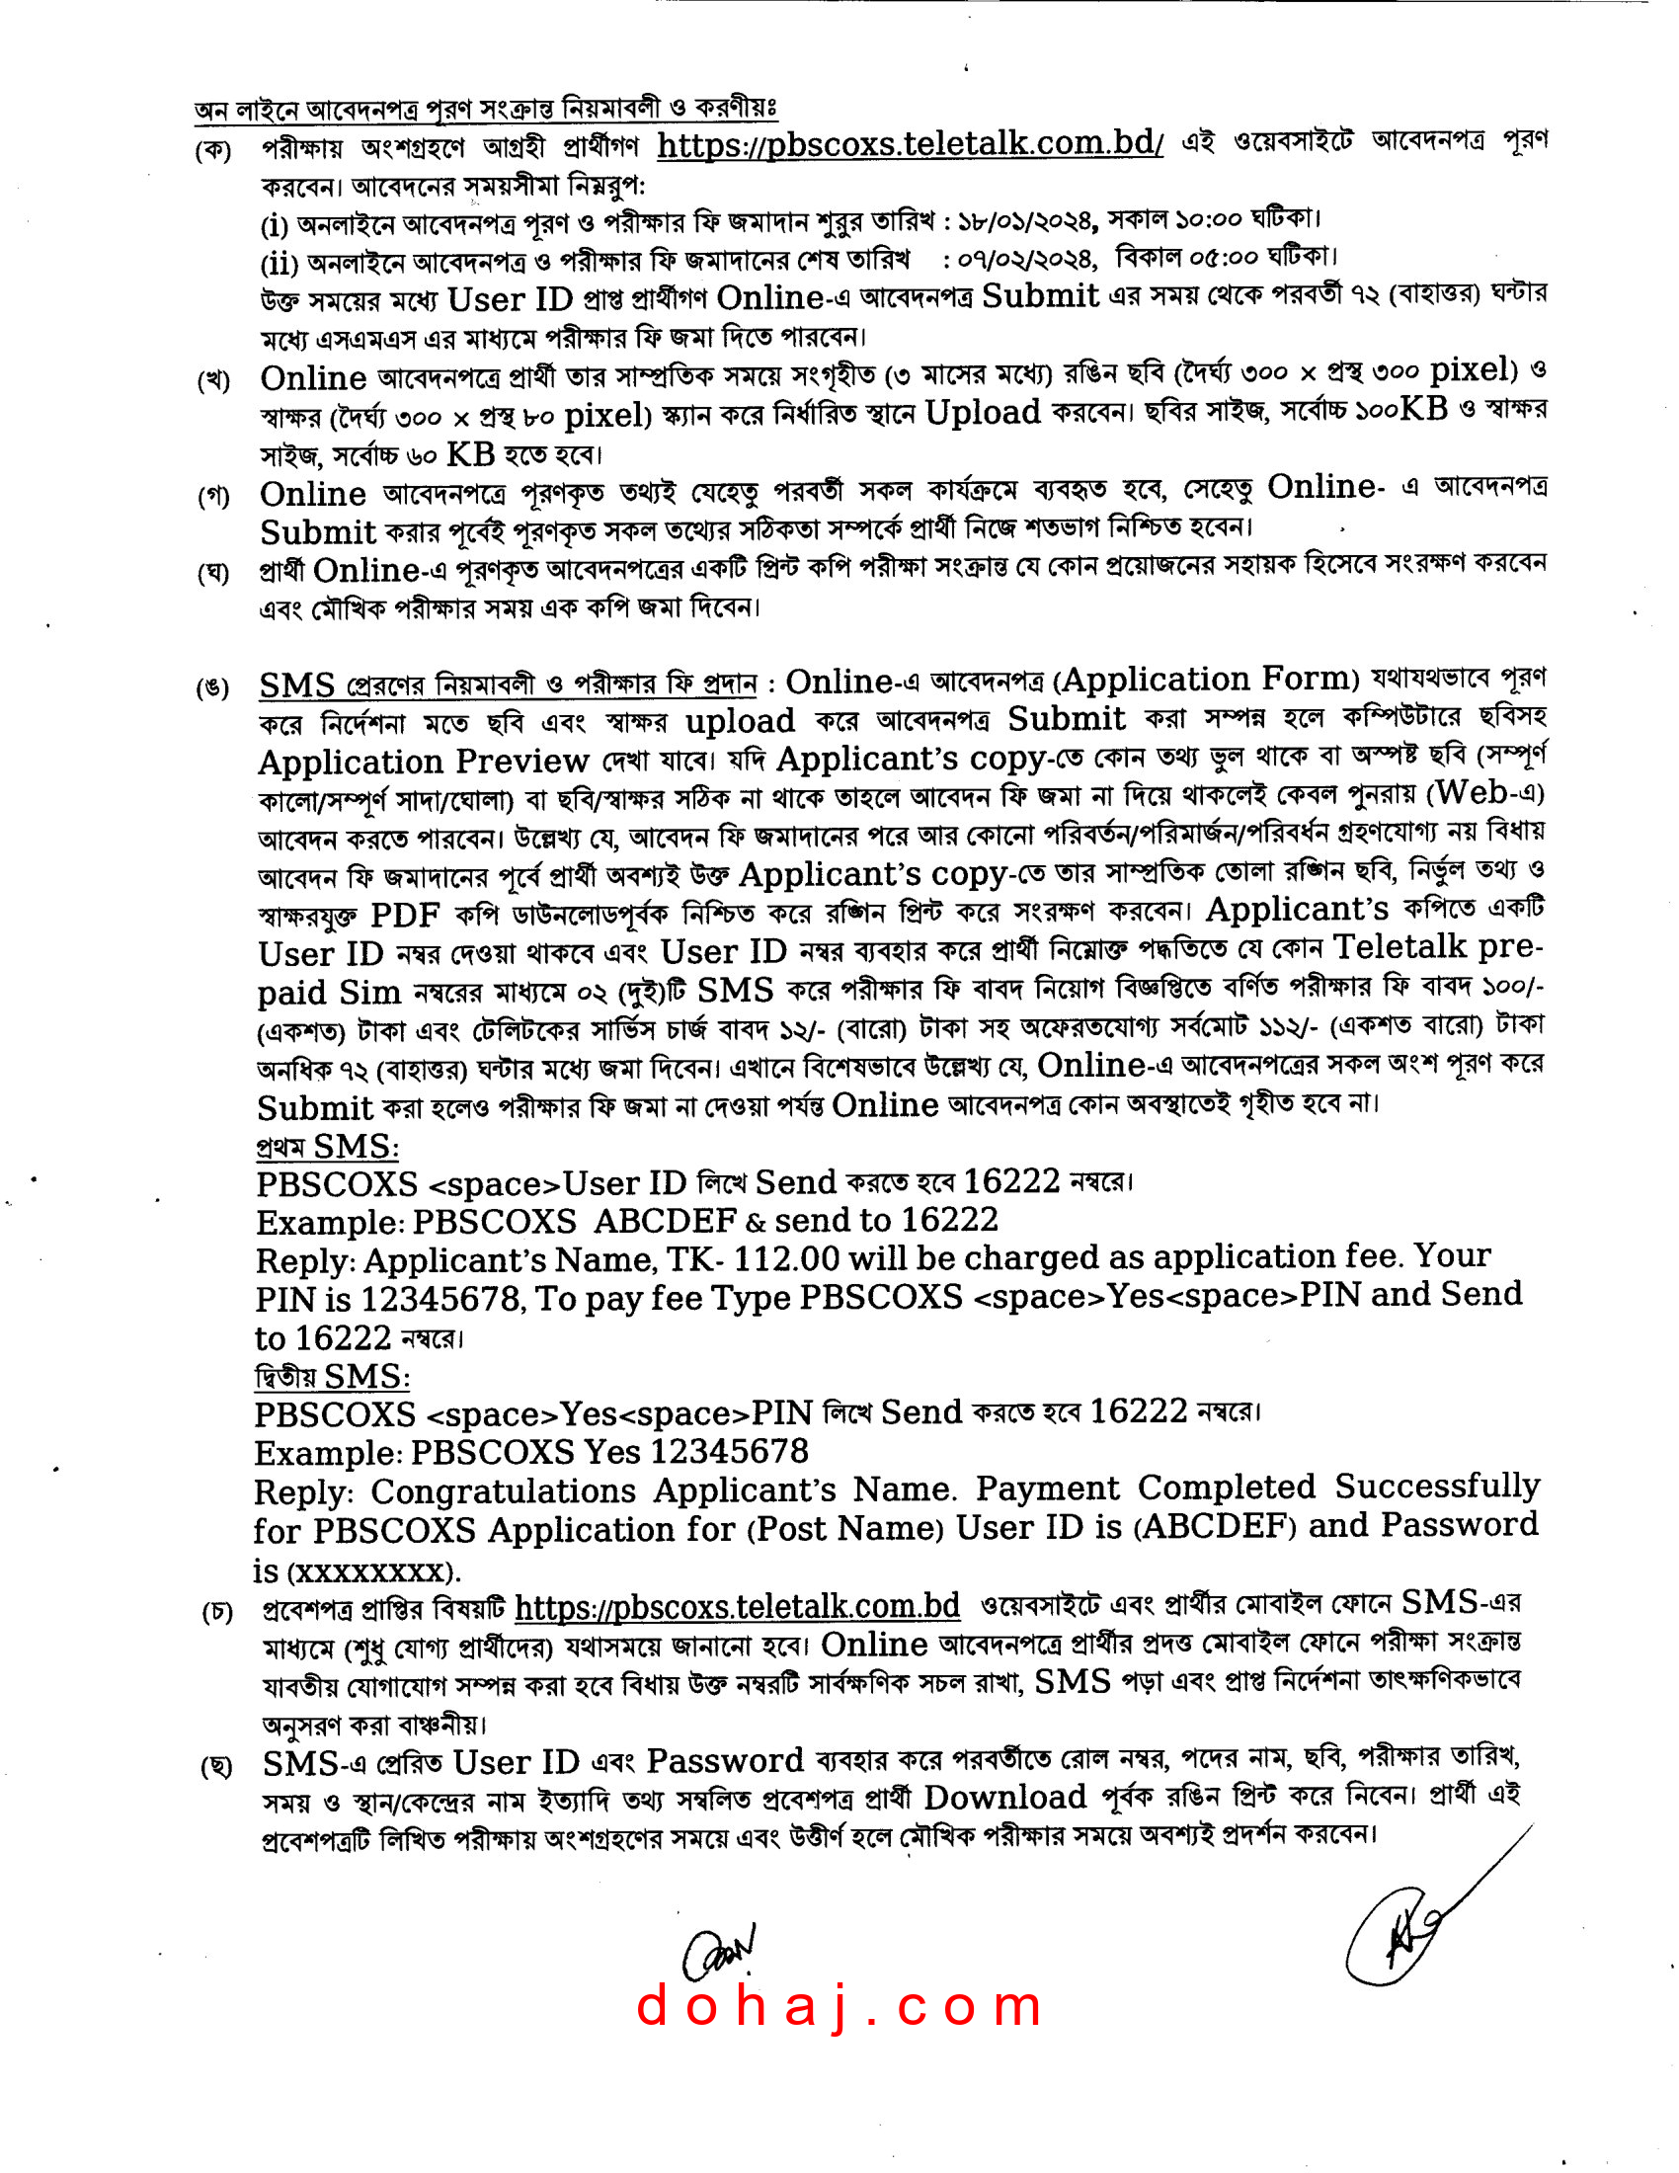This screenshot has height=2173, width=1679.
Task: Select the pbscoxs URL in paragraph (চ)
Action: coord(737,1606)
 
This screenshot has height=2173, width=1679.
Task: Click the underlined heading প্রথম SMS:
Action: coord(327,1147)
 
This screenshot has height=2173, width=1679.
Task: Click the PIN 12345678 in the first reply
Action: coord(440,1300)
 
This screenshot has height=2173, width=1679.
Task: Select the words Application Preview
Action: coord(424,763)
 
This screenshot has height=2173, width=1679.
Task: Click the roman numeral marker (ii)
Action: coord(279,264)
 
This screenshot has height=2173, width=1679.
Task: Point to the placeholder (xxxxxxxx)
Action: coord(373,1571)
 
